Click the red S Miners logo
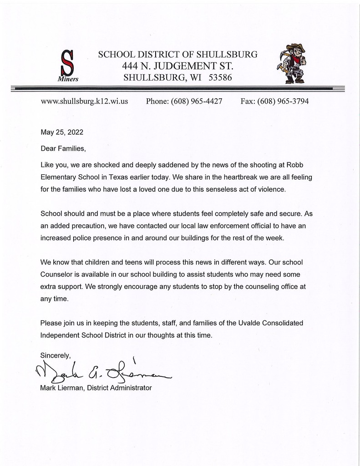[68, 65]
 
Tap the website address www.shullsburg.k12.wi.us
[84, 101]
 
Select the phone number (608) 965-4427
[197, 101]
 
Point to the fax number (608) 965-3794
[283, 101]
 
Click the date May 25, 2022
[62, 133]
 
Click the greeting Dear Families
[63, 148]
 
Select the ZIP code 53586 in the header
[220, 78]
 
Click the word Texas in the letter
[136, 177]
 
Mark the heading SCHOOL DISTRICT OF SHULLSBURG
[177, 55]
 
